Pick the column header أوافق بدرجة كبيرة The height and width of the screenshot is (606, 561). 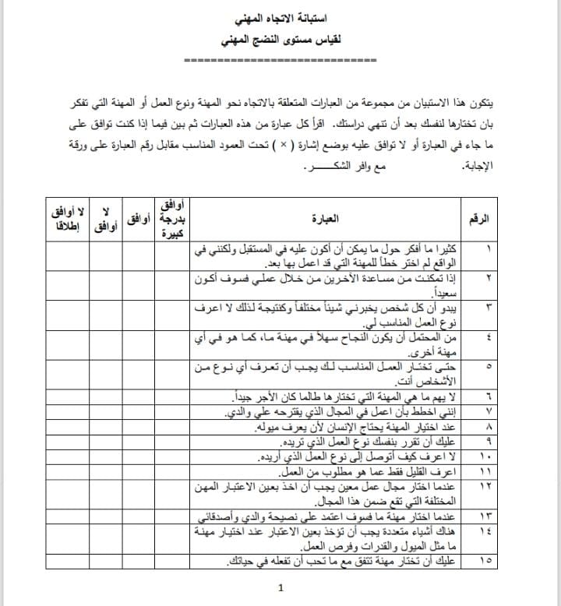(171, 219)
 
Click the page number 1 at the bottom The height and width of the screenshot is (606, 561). (280, 589)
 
